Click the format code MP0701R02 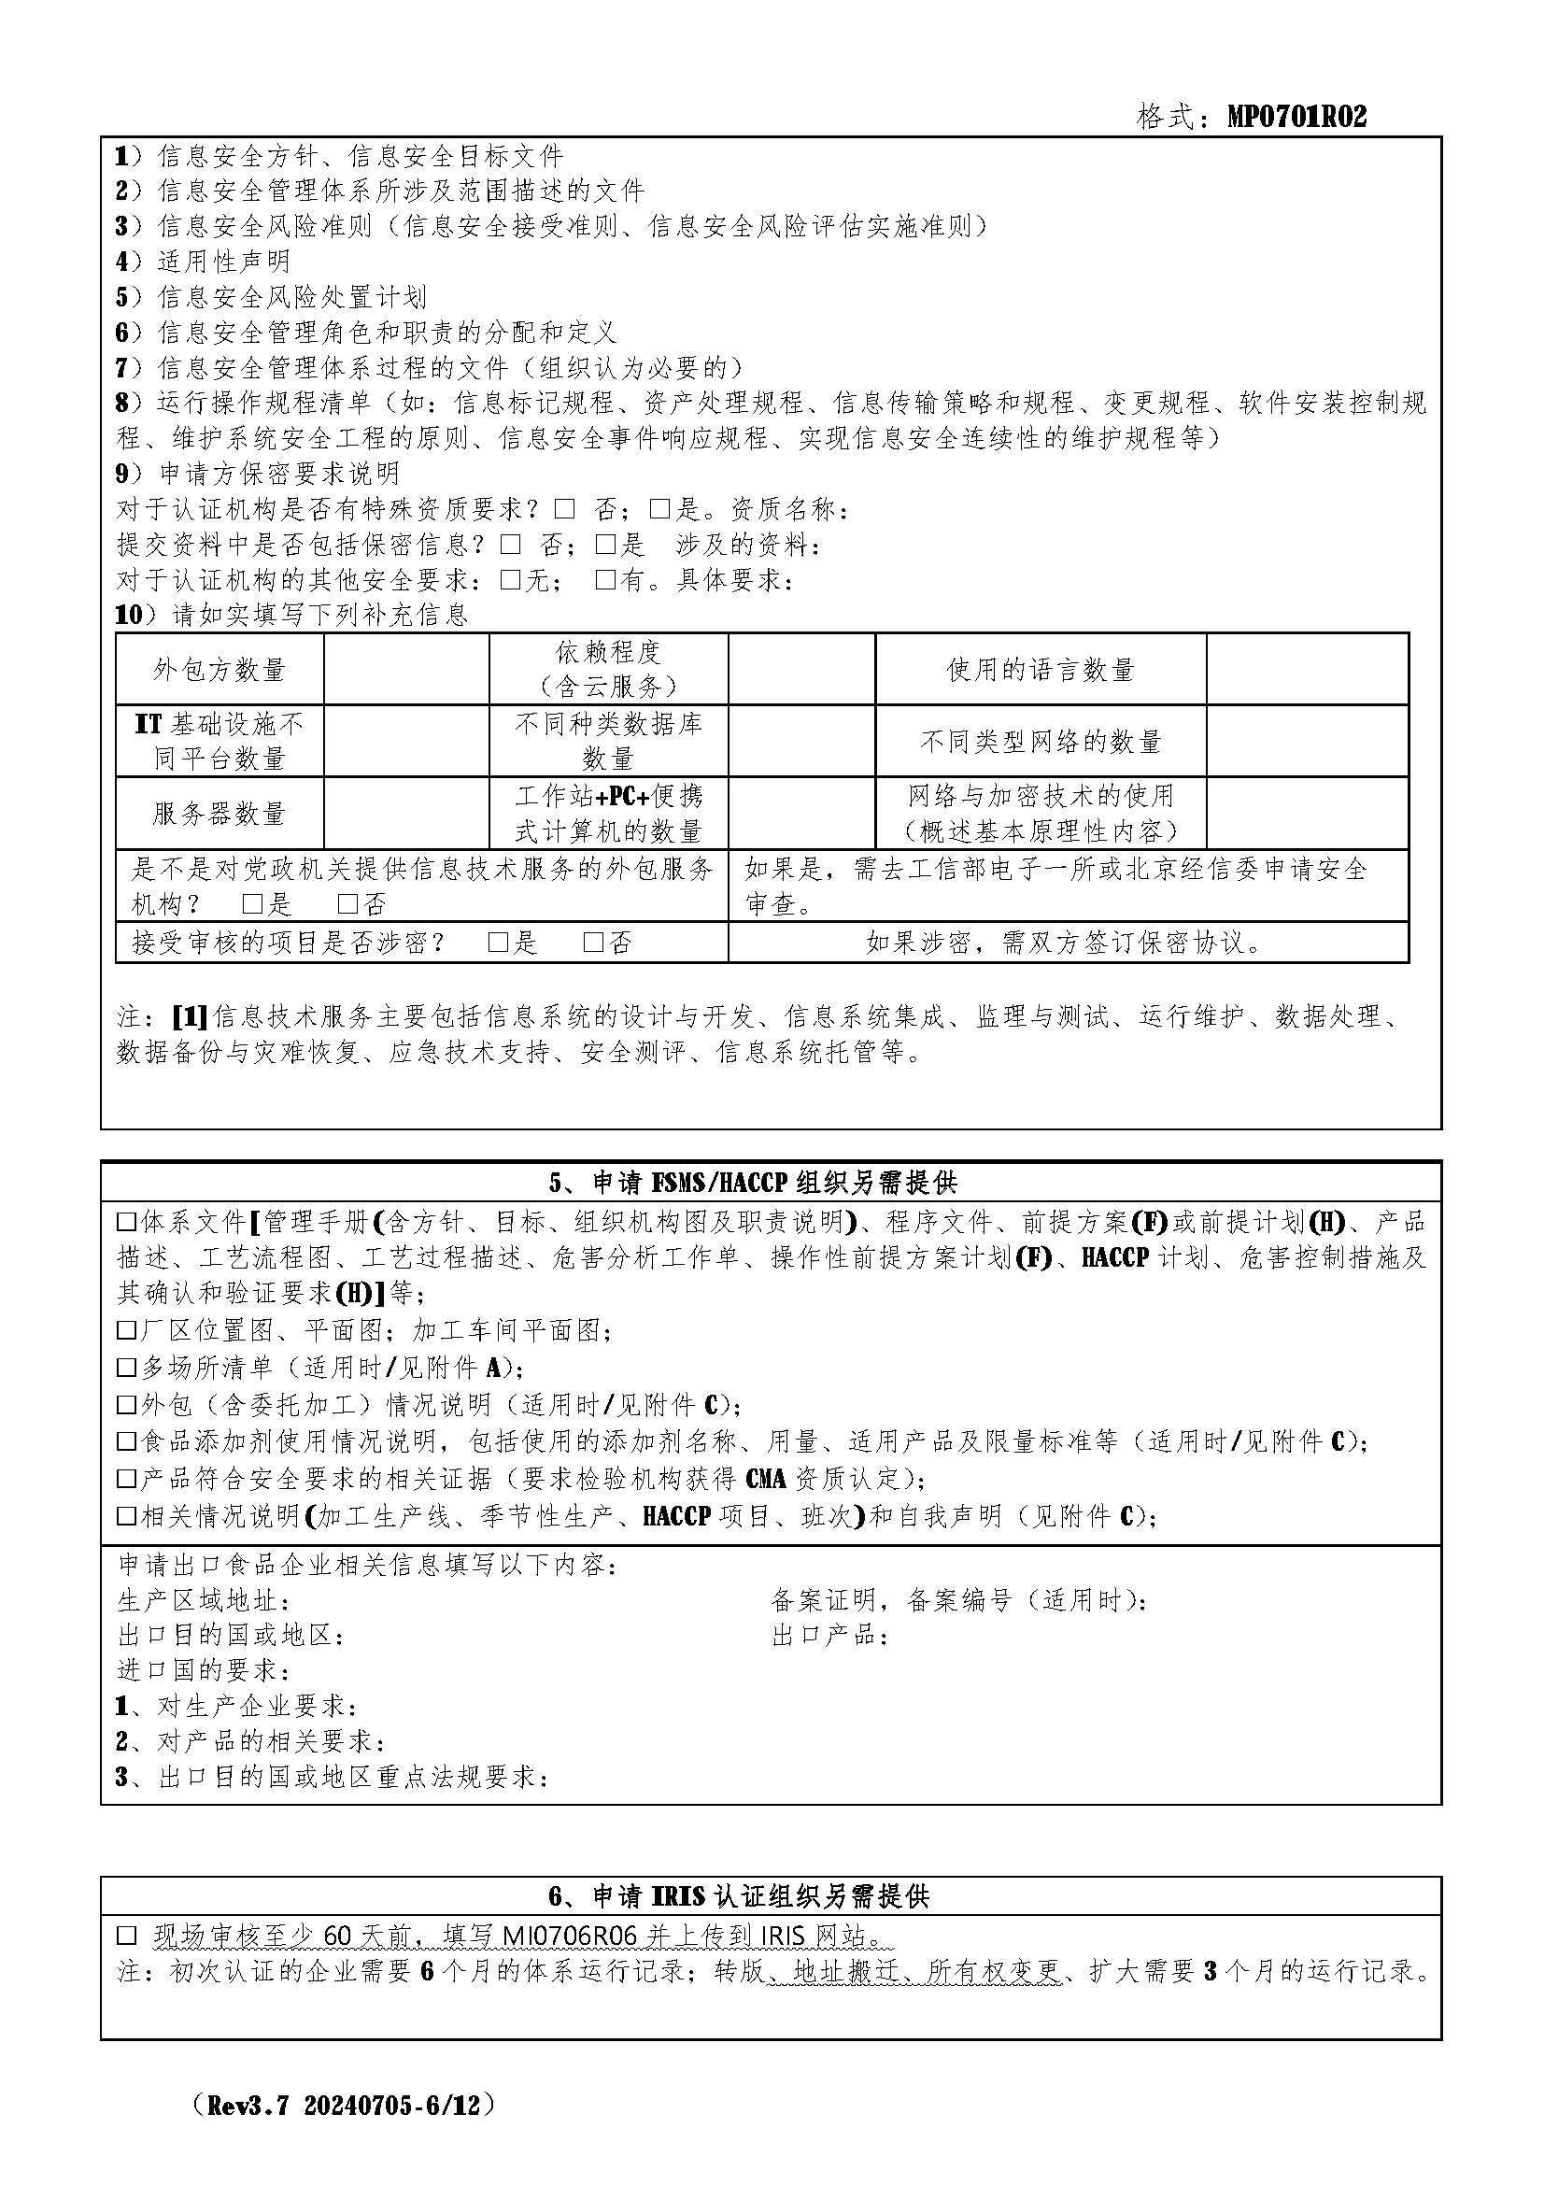pos(1296,116)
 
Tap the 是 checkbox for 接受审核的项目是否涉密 pos(498,943)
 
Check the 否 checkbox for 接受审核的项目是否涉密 pos(594,943)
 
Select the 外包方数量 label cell pos(220,670)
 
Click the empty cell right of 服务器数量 pos(406,813)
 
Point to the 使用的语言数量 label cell pos(1040,670)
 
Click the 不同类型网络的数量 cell pos(1040,742)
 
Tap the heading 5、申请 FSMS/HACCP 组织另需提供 pos(753,1182)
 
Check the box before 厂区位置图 pos(126,1329)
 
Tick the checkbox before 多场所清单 pos(126,1368)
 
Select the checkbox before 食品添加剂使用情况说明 pos(126,1441)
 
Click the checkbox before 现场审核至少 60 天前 pos(126,1936)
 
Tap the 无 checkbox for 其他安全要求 pos(511,579)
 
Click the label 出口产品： pos(830,1635)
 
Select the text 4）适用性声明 pos(203,261)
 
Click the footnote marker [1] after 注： pos(190,1016)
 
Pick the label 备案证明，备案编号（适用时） pos(959,1599)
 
